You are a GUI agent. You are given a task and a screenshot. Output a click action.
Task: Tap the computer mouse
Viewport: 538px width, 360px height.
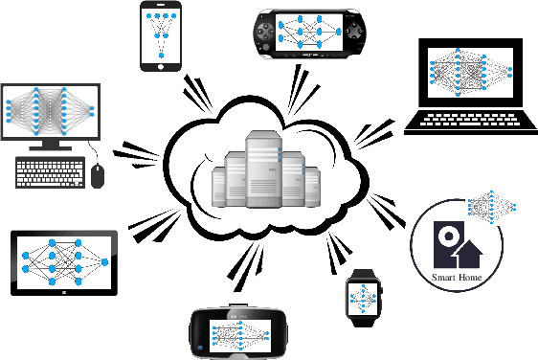point(98,175)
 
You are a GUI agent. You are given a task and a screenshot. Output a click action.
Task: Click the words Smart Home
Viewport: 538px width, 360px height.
point(457,278)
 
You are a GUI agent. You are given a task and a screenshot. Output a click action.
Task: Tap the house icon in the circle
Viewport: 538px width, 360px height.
point(467,252)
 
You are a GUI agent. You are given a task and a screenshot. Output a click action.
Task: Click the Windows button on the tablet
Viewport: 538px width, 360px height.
point(64,293)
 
